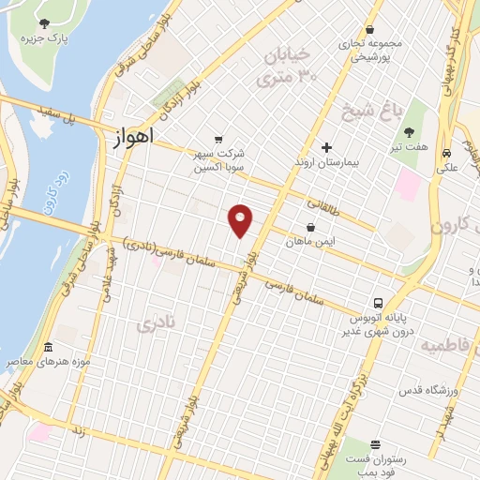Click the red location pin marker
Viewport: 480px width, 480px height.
tap(241, 221)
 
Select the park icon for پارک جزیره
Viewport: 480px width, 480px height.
tap(45, 23)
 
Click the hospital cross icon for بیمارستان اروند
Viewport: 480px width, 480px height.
tap(326, 147)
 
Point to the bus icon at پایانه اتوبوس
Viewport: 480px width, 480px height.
tap(377, 303)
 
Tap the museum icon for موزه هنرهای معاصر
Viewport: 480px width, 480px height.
tap(48, 347)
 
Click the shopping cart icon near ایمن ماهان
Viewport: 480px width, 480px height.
tap(310, 227)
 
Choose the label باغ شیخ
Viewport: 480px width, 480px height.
tap(397, 113)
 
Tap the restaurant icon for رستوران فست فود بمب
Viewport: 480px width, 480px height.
tap(375, 444)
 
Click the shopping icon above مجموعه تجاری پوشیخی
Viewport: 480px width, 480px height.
tap(371, 31)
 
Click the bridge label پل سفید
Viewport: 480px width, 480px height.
tap(57, 117)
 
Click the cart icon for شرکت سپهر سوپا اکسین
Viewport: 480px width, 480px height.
tap(218, 139)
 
